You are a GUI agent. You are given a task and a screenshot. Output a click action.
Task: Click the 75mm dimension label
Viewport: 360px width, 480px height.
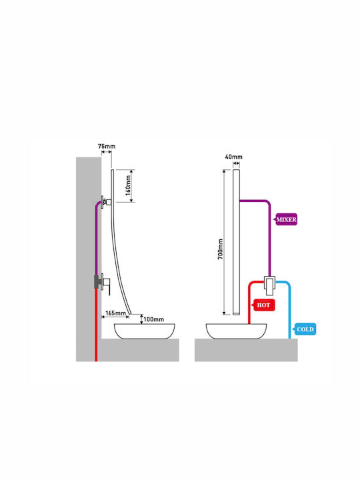click(107, 146)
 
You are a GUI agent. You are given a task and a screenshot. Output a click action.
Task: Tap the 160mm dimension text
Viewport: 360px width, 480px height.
click(128, 186)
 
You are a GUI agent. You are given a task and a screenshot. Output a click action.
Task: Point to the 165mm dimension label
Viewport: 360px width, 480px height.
click(115, 313)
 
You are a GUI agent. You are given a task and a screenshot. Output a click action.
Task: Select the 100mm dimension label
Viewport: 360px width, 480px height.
click(154, 319)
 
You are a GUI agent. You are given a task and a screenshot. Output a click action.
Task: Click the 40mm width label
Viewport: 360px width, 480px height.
click(233, 157)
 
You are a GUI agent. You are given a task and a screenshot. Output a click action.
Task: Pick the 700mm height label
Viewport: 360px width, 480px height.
click(220, 249)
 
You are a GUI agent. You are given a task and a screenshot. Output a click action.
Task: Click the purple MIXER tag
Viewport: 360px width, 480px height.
click(286, 219)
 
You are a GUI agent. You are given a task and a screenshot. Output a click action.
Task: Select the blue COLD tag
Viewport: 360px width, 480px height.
click(305, 329)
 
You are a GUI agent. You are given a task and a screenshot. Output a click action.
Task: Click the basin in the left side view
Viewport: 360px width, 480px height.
click(145, 331)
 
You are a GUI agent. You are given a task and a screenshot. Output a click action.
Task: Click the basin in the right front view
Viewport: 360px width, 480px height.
click(236, 331)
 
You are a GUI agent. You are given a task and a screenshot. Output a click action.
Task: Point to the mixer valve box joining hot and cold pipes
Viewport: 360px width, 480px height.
click(270, 285)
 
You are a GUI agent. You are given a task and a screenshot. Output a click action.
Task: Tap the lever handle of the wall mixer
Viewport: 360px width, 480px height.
click(108, 286)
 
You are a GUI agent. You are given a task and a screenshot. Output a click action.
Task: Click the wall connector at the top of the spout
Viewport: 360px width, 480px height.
click(106, 202)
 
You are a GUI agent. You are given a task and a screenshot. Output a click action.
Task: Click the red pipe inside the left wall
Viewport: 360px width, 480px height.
click(96, 325)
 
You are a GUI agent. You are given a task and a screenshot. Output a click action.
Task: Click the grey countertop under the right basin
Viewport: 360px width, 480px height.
click(246, 350)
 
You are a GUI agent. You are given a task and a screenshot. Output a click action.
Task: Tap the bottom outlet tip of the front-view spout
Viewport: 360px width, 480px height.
click(236, 313)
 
